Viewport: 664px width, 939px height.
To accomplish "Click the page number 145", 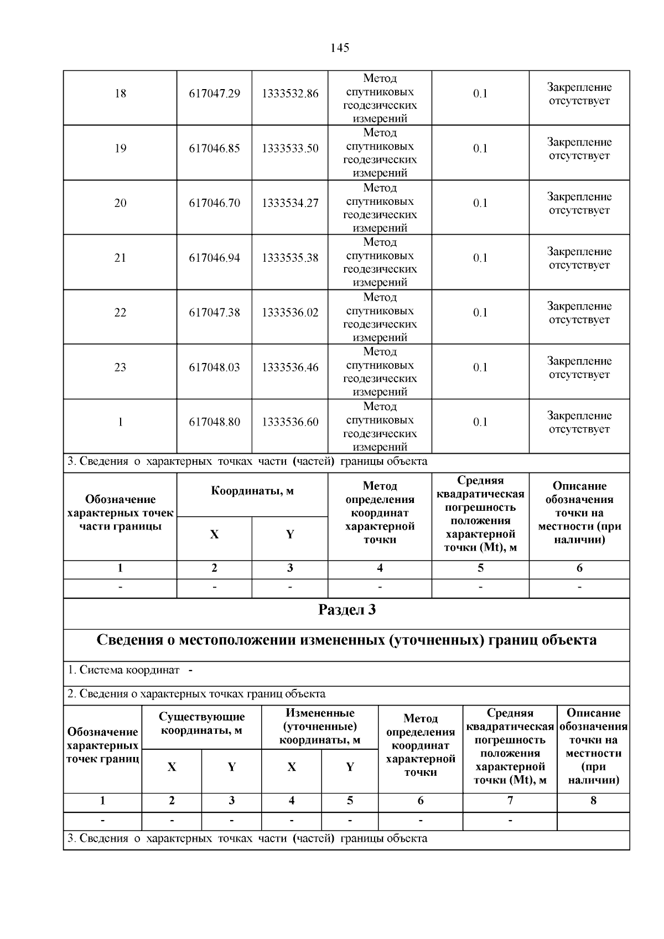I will coord(339,48).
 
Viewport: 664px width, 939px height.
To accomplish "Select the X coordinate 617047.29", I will coord(214,94).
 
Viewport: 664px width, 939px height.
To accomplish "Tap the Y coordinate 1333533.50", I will coord(290,148).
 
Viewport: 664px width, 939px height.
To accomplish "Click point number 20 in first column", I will coord(120,203).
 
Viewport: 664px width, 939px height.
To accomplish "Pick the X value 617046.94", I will coord(214,258).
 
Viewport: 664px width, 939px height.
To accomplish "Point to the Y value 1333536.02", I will coord(290,313).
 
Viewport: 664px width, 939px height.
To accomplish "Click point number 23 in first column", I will coord(120,367).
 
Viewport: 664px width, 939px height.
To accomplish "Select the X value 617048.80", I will coord(214,422).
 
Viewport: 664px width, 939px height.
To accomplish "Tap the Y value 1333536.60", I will coord(290,422).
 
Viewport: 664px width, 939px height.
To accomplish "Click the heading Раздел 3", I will coord(346,610).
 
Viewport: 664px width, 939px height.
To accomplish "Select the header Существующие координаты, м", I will coord(201,723).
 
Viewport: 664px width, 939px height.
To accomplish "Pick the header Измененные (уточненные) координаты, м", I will coord(320,727).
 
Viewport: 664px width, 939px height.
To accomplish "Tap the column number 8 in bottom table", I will coord(593,801).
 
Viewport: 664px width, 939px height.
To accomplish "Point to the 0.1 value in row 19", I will coord(480,148).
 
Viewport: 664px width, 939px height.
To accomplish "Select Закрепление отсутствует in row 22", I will coord(579,313).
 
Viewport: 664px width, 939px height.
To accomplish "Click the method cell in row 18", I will coord(380,98).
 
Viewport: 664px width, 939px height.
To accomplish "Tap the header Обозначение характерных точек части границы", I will coord(120,513).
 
